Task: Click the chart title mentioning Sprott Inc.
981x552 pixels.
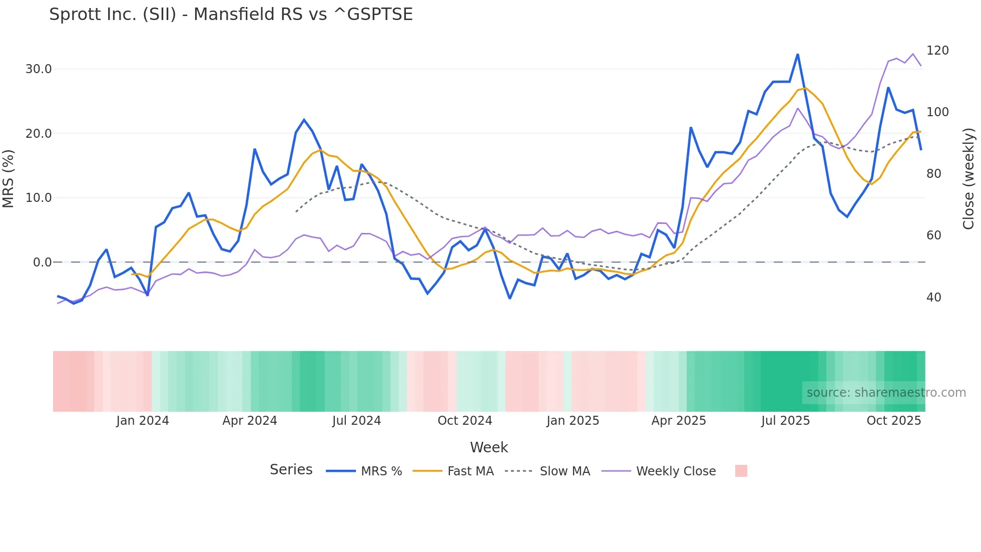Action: click(231, 15)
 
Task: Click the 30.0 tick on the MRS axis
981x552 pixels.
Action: click(39, 69)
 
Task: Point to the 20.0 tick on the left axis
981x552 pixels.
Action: click(39, 134)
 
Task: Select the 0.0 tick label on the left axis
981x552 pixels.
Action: click(42, 262)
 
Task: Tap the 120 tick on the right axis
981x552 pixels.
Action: click(937, 51)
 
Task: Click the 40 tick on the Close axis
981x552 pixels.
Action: click(933, 298)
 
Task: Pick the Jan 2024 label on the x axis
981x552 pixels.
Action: click(143, 421)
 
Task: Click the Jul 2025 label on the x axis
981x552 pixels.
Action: click(785, 421)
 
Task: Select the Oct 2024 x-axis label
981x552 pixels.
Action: click(464, 421)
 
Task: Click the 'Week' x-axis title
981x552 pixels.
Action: click(488, 447)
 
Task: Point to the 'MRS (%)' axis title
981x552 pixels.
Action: click(9, 179)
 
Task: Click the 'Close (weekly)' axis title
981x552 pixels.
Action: click(968, 179)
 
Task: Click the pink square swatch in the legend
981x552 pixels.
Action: click(741, 471)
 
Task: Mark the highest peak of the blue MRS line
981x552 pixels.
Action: click(797, 55)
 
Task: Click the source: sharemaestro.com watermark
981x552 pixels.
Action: click(885, 393)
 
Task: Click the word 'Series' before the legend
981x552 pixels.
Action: click(291, 470)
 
